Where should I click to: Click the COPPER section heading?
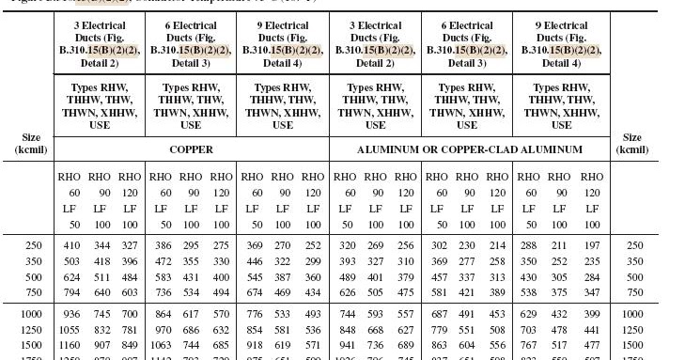(x=191, y=149)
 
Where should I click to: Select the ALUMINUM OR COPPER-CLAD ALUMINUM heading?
(x=469, y=149)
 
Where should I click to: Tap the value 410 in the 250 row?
(x=71, y=245)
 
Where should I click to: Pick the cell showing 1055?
(x=71, y=330)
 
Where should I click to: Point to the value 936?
(x=71, y=314)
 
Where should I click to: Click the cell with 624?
(x=71, y=277)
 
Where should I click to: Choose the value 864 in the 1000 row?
(x=163, y=314)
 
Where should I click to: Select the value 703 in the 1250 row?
(x=531, y=330)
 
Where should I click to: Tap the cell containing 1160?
(x=71, y=346)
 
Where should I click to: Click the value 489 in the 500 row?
(x=347, y=277)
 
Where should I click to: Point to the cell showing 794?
(x=71, y=293)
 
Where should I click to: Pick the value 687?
(x=439, y=314)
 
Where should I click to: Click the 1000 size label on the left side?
(x=32, y=314)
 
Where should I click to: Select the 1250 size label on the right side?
(x=634, y=330)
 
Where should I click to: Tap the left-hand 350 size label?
(x=33, y=261)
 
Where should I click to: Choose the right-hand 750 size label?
(x=636, y=293)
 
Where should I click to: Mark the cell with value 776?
(x=255, y=314)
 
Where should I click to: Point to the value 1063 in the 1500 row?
(x=163, y=346)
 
